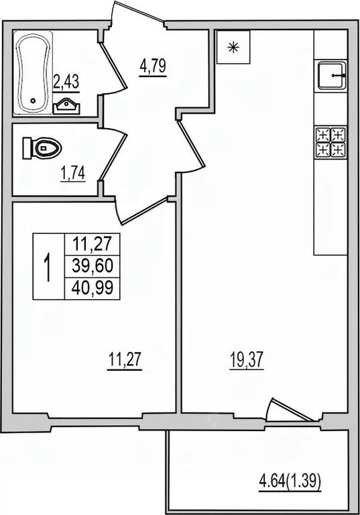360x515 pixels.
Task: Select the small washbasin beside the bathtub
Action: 65,105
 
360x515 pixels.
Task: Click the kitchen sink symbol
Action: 331,76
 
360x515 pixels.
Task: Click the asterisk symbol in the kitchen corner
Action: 233,47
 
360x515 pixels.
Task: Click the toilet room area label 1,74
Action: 73,176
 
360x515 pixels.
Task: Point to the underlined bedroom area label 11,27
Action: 125,361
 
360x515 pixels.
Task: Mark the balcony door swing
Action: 285,411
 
